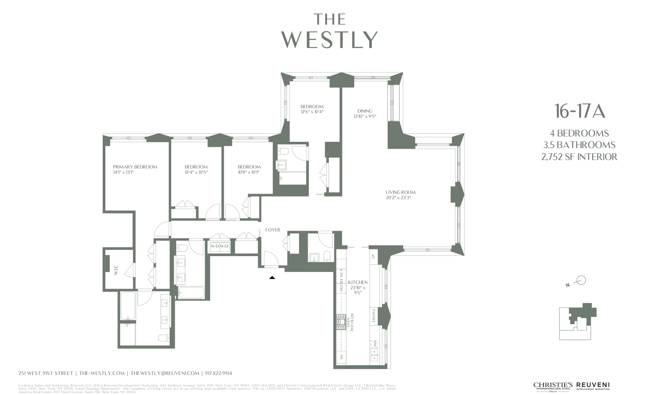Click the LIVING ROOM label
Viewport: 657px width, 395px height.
[400, 192]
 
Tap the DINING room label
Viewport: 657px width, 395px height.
[365, 111]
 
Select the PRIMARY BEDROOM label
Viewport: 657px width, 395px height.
[135, 167]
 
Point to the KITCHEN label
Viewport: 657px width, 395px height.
[358, 282]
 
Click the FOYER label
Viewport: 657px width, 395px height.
[273, 230]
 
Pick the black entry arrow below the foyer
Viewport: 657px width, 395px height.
[272, 278]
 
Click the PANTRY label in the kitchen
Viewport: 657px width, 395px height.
[373, 316]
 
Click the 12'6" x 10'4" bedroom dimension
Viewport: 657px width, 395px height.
[312, 112]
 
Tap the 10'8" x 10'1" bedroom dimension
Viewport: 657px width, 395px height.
[248, 172]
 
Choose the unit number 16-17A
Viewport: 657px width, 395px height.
[579, 111]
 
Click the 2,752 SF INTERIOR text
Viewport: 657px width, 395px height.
[579, 157]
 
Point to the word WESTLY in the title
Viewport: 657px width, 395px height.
[329, 40]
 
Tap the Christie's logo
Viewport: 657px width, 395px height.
[553, 386]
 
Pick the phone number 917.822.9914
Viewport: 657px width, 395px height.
[219, 373]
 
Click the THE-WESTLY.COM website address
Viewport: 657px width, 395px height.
[102, 373]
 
